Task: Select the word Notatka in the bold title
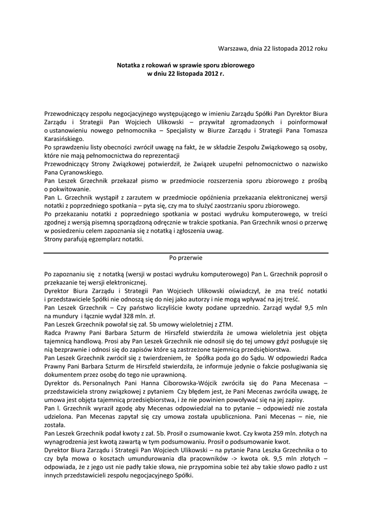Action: [x=130, y=66]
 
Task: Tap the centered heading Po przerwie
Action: [x=186, y=258]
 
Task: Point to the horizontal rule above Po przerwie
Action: [x=186, y=252]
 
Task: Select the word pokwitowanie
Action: [x=72, y=189]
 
